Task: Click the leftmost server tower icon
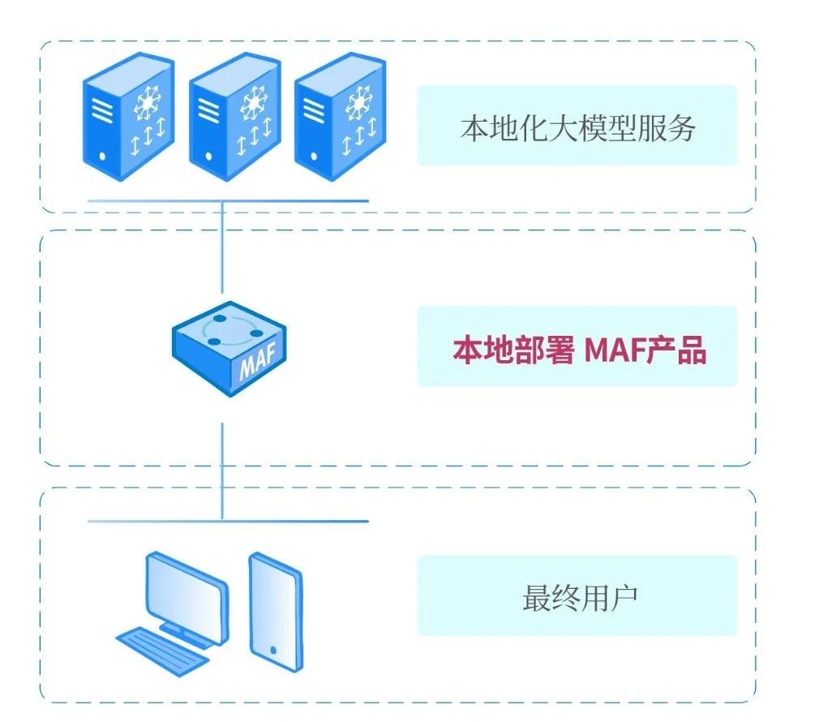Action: (129, 117)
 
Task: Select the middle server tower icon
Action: (234, 117)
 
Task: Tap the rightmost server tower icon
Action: (340, 117)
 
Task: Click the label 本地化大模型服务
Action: (577, 127)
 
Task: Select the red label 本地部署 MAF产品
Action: (577, 350)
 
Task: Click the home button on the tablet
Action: (273, 651)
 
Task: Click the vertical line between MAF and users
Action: (222, 471)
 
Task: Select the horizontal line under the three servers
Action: (228, 200)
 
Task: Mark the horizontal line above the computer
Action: (228, 521)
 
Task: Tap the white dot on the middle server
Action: (209, 155)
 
